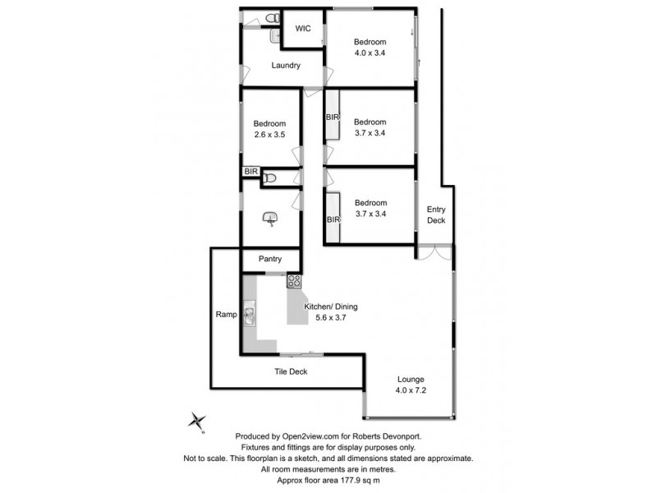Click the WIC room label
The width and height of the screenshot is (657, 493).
tap(303, 29)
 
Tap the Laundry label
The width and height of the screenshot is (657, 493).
tap(286, 66)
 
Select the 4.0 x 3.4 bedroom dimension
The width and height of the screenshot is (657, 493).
tap(370, 53)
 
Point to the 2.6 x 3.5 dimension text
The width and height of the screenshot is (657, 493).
tap(269, 135)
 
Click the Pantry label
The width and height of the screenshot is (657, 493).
tap(270, 259)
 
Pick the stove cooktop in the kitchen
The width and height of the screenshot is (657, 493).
tap(294, 281)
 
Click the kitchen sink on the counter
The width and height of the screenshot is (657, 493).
tap(250, 314)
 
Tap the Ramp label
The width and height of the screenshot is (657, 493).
tap(227, 315)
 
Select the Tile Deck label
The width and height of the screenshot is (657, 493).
tap(291, 371)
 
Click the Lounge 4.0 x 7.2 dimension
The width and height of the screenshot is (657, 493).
tap(411, 390)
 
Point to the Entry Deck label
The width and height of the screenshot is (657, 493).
tap(436, 214)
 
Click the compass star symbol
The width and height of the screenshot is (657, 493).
tap(196, 421)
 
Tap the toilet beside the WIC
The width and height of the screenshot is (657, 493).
tap(273, 18)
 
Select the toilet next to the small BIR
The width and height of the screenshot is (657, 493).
tap(269, 178)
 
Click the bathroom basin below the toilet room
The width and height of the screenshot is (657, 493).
tap(270, 219)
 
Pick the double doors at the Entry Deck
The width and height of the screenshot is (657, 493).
tap(435, 251)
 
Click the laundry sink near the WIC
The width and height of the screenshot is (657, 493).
tap(275, 36)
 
